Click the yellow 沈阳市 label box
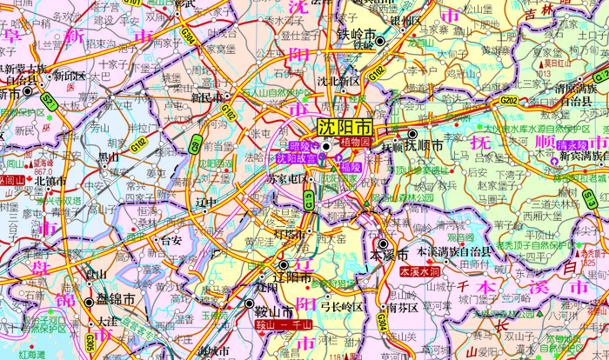click(344, 126)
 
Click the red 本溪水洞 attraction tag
click(421, 272)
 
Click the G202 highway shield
click(509, 102)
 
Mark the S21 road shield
click(49, 102)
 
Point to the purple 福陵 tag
click(350, 167)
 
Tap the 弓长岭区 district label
click(340, 307)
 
